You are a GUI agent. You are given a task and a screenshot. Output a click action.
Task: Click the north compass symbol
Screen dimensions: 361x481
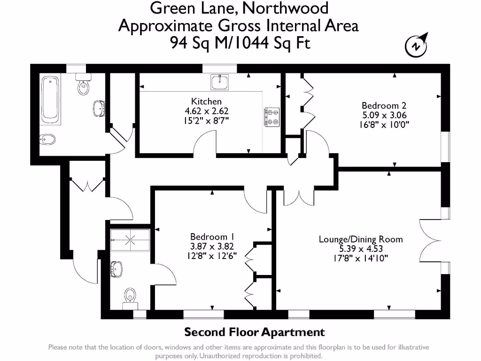(416, 46)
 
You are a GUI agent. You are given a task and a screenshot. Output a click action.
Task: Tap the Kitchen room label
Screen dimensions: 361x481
(206, 101)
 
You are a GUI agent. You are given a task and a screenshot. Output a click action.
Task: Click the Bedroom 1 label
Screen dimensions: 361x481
(212, 236)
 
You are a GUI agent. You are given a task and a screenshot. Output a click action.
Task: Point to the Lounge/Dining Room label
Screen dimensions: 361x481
(361, 239)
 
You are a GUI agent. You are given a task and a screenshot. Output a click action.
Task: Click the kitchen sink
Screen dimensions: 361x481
(220, 82)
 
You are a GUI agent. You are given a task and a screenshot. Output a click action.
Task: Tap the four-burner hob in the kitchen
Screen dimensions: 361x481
(272, 118)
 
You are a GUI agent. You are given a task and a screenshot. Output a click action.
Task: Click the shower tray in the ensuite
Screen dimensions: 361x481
(130, 239)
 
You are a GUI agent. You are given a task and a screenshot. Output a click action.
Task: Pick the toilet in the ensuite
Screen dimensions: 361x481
(130, 298)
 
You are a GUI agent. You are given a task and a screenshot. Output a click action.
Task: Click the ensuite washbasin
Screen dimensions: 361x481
(116, 269)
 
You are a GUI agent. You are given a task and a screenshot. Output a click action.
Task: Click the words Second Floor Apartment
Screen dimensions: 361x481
(254, 332)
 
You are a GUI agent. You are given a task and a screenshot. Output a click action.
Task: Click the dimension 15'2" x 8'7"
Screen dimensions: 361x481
(206, 121)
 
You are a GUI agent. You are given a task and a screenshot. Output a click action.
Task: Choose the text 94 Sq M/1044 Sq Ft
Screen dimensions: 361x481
(240, 43)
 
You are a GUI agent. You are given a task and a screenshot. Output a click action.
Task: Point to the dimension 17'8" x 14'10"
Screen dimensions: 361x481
(361, 258)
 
